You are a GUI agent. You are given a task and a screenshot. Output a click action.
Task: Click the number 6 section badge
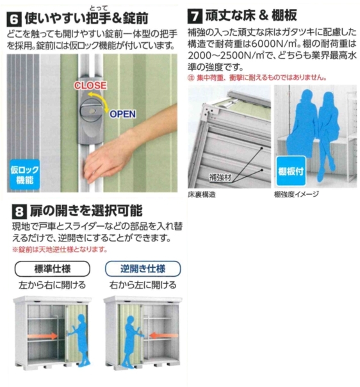pos(13,14)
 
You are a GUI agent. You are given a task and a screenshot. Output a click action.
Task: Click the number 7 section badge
pos(195,14)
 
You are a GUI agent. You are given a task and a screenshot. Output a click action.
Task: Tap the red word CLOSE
pos(90,85)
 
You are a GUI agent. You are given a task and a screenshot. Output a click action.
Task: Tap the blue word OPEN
pos(123,115)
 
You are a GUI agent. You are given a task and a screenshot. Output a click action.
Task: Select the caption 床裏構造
pos(203,193)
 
